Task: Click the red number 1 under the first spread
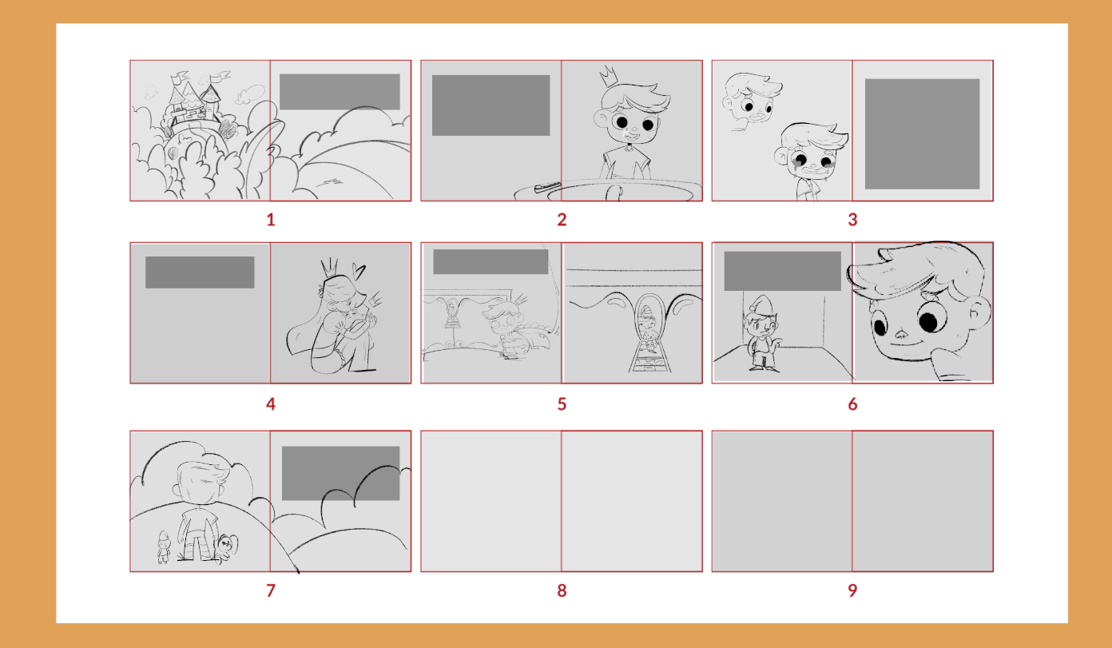tap(271, 220)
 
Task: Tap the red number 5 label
tap(562, 404)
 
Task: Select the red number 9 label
tap(852, 590)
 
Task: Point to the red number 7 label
tap(271, 590)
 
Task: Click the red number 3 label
tap(852, 220)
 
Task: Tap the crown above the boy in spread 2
tap(608, 77)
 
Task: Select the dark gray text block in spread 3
tap(923, 134)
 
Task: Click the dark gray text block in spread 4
tap(200, 272)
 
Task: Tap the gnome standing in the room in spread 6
tap(762, 334)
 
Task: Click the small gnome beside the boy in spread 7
tap(163, 547)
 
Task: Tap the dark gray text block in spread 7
tap(340, 473)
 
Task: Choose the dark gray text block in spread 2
tap(490, 105)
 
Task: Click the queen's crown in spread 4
tap(329, 268)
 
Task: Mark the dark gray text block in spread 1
tap(340, 92)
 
